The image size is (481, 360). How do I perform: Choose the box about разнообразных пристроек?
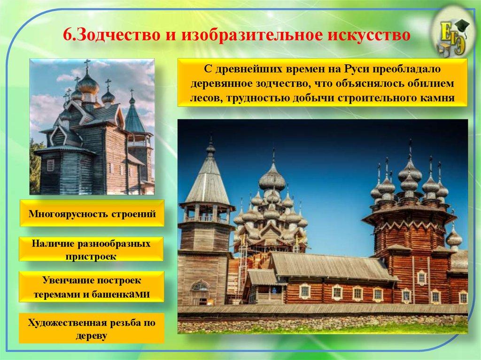(x=92, y=250)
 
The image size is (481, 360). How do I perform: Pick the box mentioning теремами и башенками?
(x=92, y=287)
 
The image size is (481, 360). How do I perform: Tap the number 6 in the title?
(x=67, y=35)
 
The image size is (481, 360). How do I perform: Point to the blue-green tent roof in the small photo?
(x=135, y=120)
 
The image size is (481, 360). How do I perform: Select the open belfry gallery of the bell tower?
(x=207, y=214)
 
